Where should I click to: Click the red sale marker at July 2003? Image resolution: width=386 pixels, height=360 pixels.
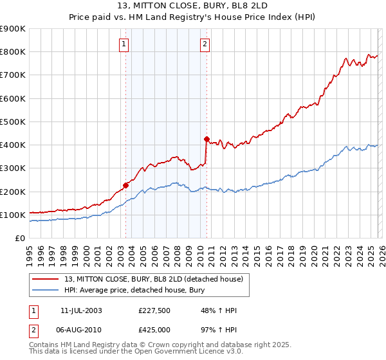click(x=126, y=185)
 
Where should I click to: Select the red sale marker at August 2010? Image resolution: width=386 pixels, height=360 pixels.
click(x=207, y=139)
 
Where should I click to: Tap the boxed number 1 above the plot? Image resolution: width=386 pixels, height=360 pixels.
click(x=123, y=44)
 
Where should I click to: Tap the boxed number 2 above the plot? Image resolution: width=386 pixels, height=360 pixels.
click(x=204, y=44)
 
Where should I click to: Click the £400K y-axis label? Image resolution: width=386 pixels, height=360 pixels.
click(x=13, y=145)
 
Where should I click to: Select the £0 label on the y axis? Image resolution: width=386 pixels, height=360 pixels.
click(x=20, y=239)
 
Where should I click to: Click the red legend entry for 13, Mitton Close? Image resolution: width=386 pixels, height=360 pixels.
click(x=154, y=279)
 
